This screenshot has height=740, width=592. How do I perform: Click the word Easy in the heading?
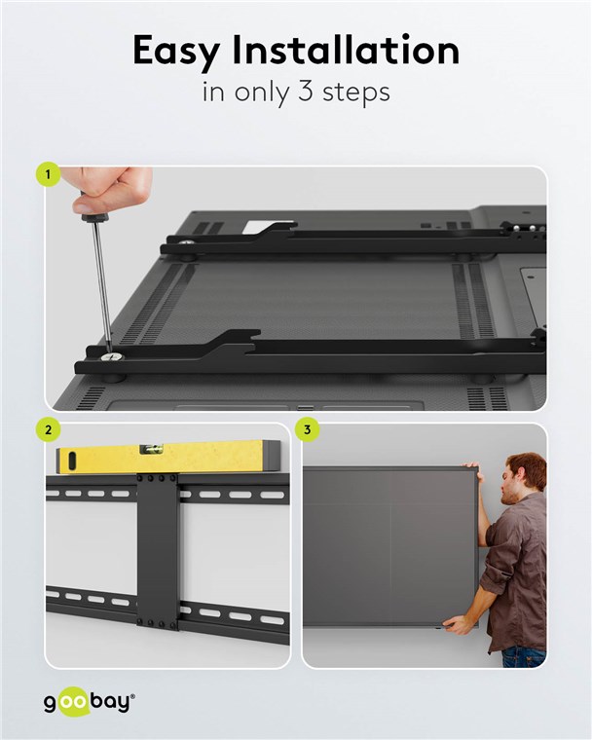176,52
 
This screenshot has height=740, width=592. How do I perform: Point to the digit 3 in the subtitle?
306,92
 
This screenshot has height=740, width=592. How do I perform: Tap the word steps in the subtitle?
356,92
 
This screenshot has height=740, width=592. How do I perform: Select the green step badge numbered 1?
48,174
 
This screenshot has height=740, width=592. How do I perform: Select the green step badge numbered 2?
48,430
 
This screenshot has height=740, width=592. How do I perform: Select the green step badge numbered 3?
308,430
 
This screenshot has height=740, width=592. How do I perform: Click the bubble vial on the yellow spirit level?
151,449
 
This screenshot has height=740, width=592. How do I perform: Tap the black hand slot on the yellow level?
72,462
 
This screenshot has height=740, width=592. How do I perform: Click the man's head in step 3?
522,478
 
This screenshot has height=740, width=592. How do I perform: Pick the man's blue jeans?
524,657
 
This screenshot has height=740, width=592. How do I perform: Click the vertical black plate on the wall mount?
158,551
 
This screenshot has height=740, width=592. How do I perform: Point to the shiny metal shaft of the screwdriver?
102,281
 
